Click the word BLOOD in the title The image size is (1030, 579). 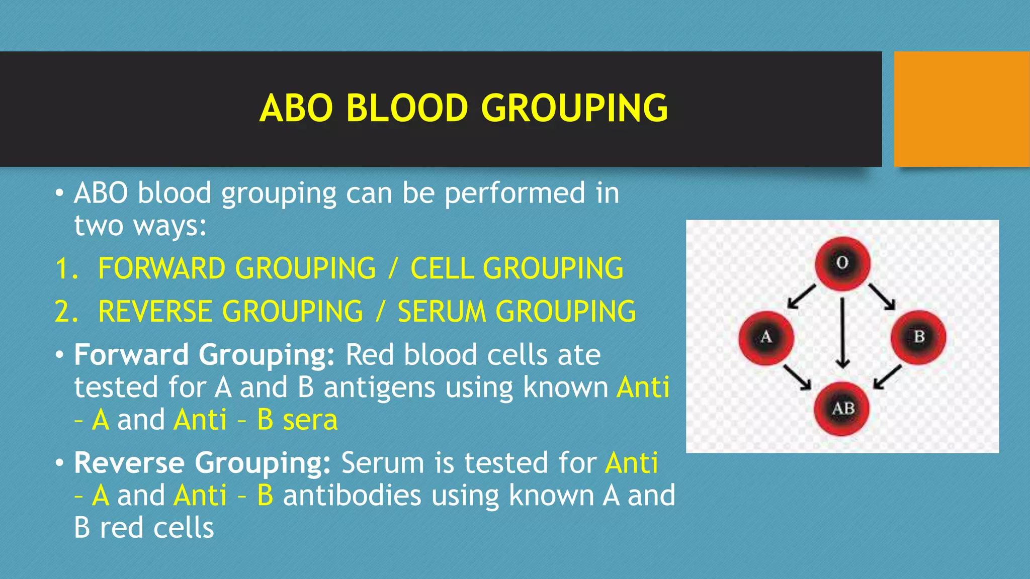coord(407,108)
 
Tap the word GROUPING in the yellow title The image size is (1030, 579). coord(574,108)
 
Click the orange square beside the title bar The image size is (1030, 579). coord(961,109)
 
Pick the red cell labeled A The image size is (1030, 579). coord(766,337)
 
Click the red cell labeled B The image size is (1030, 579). coord(918,337)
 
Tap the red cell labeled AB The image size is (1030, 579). coord(842,409)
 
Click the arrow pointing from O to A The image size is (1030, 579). coord(802,296)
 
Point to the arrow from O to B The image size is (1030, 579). coord(882,296)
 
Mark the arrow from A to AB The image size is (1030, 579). coord(798,377)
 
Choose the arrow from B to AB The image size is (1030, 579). coord(888,377)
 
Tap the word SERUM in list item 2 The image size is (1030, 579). coord(442,311)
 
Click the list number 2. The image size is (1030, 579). coord(66,311)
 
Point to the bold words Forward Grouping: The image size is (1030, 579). coord(204,355)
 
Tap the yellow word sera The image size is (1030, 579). coord(310,420)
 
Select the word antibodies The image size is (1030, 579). coord(352,496)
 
